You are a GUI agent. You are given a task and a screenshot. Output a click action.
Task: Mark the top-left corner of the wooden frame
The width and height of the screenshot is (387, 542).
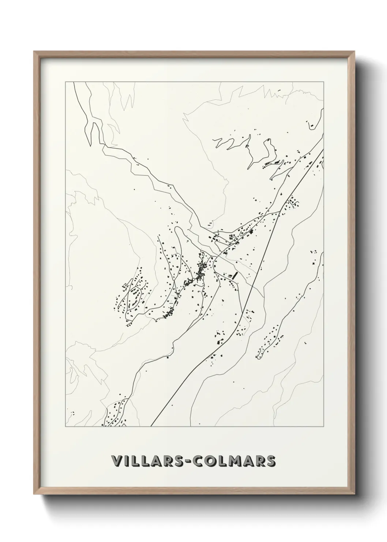(34, 52)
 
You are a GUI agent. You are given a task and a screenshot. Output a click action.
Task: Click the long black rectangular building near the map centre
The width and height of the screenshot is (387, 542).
(234, 276)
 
